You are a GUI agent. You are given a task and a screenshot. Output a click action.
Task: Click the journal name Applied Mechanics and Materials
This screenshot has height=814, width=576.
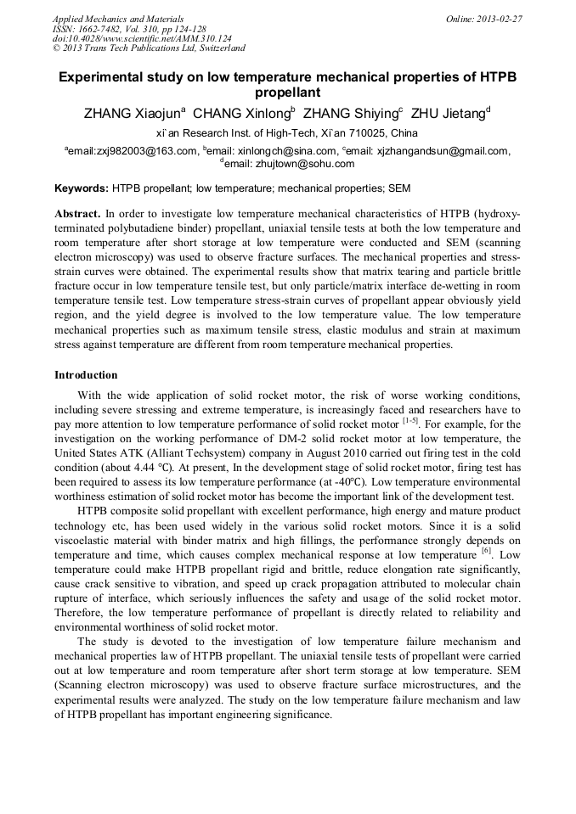pos(118,18)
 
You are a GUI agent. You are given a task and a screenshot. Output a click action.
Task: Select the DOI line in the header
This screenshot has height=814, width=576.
pos(142,38)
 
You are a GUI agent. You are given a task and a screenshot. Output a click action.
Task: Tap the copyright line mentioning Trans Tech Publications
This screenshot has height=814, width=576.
pos(149,48)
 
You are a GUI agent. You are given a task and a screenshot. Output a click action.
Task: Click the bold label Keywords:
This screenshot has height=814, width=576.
pos(82,187)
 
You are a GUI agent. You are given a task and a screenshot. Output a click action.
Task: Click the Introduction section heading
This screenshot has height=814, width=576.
pos(86,374)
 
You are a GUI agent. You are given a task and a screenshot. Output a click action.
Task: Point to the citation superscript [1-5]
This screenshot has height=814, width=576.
pos(410,419)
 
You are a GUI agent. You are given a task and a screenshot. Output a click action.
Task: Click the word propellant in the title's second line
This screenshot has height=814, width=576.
pos(287,93)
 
